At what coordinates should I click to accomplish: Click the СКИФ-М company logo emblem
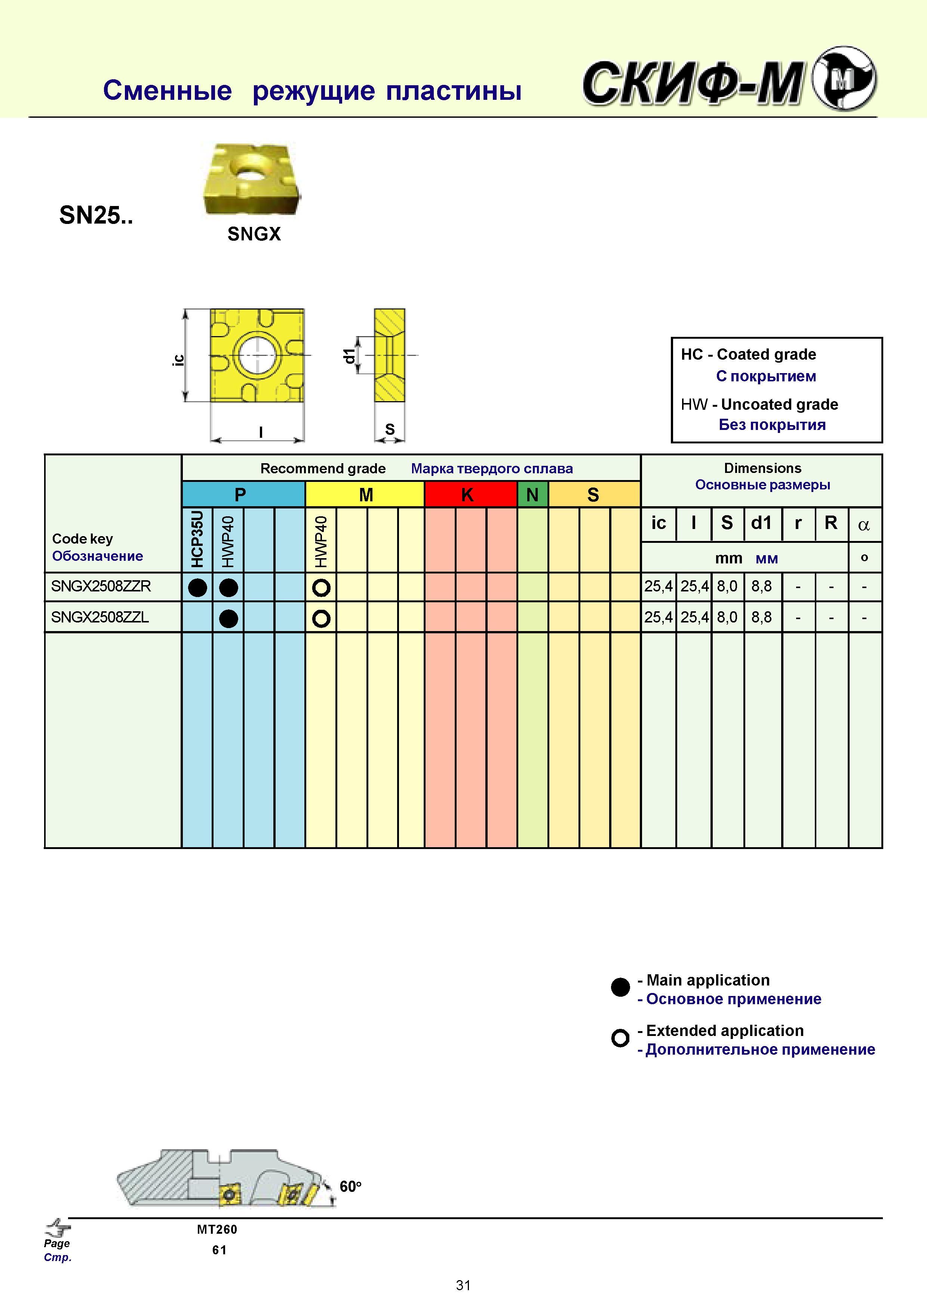coord(844,79)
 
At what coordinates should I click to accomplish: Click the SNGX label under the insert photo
coord(254,234)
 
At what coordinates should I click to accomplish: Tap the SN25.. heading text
coord(96,215)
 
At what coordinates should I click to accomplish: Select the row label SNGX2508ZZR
coord(101,587)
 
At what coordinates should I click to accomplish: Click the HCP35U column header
coord(197,539)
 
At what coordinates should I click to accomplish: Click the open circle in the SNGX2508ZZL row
coord(321,618)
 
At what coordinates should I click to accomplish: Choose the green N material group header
coord(532,494)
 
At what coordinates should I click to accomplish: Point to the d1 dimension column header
coord(761,523)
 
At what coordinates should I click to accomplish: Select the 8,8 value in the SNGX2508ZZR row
coord(761,587)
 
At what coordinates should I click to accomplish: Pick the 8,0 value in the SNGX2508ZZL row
coord(727,617)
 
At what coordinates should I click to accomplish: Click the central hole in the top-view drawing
coord(257,355)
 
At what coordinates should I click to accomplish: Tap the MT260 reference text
coord(217,1230)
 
